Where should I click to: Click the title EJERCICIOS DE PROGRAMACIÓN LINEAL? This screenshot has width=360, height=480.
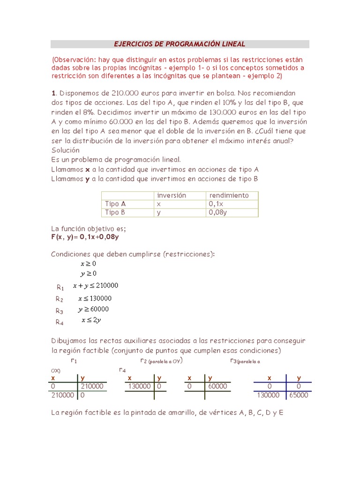click(180, 44)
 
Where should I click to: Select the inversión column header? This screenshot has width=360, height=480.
click(172, 195)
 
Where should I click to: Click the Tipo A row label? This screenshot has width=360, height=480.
click(115, 204)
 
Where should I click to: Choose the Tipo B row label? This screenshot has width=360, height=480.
click(115, 212)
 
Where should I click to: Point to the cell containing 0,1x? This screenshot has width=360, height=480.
click(217, 204)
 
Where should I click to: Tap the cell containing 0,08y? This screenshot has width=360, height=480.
click(218, 212)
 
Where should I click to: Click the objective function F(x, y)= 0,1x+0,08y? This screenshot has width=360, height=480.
click(85, 237)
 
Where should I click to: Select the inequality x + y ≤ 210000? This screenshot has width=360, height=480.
click(96, 285)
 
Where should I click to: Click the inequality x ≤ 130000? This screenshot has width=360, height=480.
click(95, 298)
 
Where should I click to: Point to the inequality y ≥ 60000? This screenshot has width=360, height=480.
click(94, 309)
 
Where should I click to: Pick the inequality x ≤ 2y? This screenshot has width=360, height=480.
click(91, 320)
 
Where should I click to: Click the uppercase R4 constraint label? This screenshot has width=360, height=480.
click(60, 322)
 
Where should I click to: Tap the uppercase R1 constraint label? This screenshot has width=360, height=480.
click(60, 287)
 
